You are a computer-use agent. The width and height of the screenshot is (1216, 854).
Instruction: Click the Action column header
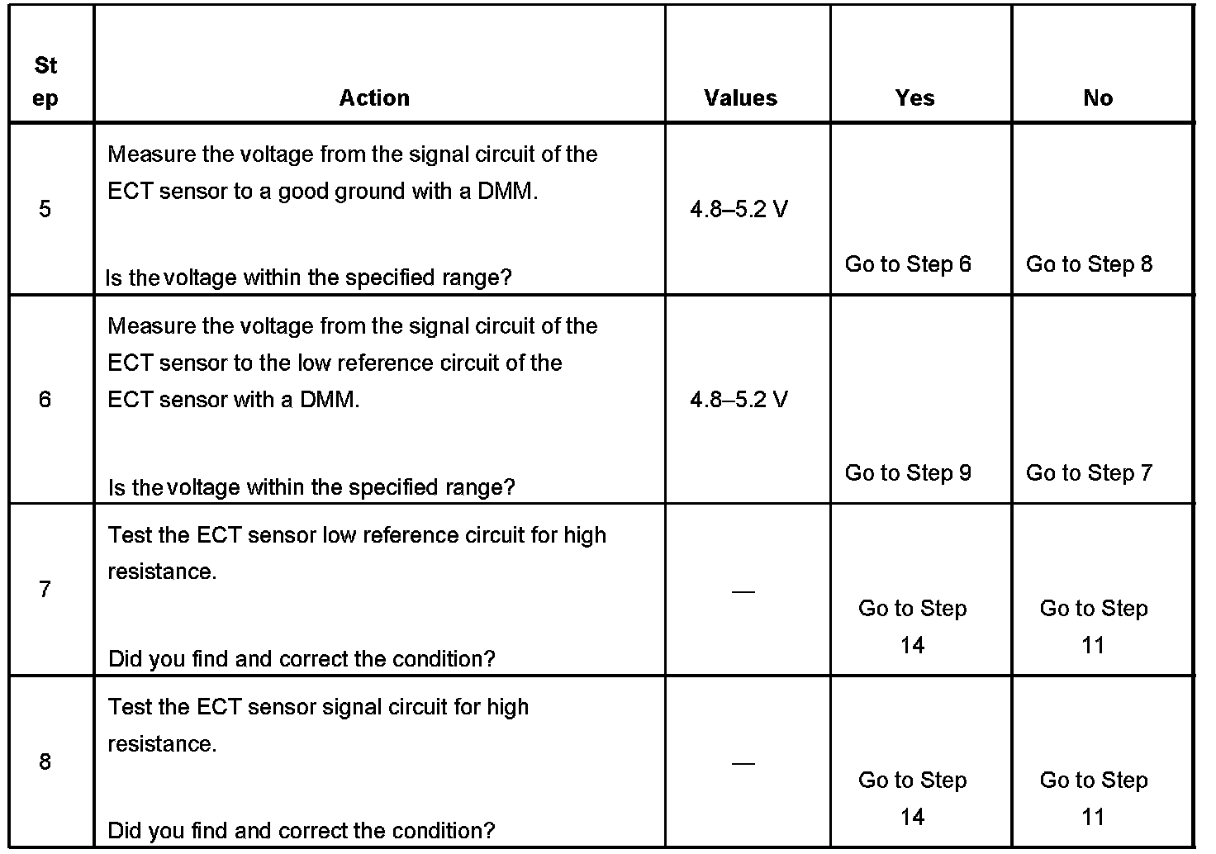click(x=374, y=97)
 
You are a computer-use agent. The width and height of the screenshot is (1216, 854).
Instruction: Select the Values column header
click(x=740, y=97)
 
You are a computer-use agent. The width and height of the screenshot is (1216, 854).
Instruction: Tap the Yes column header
click(x=914, y=97)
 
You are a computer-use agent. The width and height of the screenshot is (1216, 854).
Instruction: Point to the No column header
click(x=1098, y=97)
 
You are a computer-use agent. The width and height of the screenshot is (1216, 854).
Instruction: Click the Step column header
click(x=46, y=81)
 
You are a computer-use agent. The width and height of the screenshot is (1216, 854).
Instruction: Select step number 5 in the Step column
click(x=45, y=209)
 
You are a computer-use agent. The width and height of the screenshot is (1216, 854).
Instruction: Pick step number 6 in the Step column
click(x=45, y=400)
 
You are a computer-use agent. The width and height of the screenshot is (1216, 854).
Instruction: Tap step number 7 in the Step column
click(x=45, y=589)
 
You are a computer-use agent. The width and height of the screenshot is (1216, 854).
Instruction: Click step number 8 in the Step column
click(x=45, y=761)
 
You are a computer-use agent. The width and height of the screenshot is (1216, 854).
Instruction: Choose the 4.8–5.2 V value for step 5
click(x=739, y=209)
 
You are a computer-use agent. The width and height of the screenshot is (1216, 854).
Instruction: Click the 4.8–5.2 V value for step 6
click(x=739, y=400)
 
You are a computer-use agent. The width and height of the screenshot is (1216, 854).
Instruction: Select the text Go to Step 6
click(x=908, y=264)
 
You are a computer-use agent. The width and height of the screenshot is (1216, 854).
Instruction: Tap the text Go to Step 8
click(x=1089, y=264)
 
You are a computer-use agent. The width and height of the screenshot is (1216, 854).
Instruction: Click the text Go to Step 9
click(x=908, y=472)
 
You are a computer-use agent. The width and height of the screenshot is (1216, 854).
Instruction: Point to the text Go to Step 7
click(x=1089, y=472)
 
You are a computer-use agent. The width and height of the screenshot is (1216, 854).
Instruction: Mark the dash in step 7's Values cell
click(x=743, y=591)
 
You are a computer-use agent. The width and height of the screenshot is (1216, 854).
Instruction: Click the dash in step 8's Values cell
click(x=743, y=763)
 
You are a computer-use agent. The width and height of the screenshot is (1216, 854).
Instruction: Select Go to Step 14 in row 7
click(x=912, y=626)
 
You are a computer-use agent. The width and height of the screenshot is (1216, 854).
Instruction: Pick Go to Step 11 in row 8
click(x=1094, y=798)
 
